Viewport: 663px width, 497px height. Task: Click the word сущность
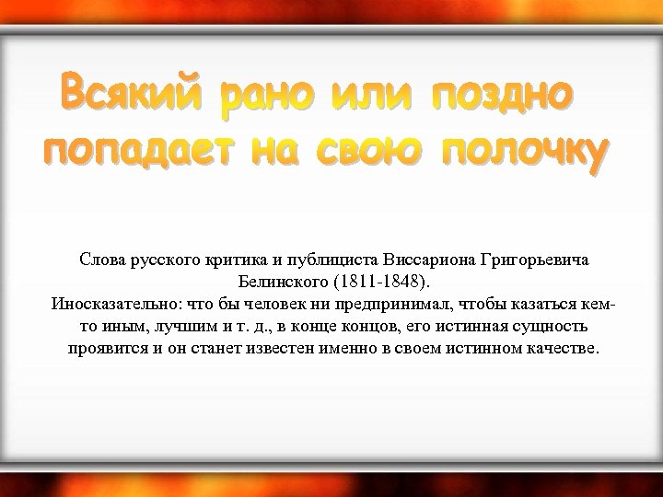(x=544, y=328)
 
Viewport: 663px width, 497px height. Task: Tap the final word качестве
(x=562, y=350)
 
